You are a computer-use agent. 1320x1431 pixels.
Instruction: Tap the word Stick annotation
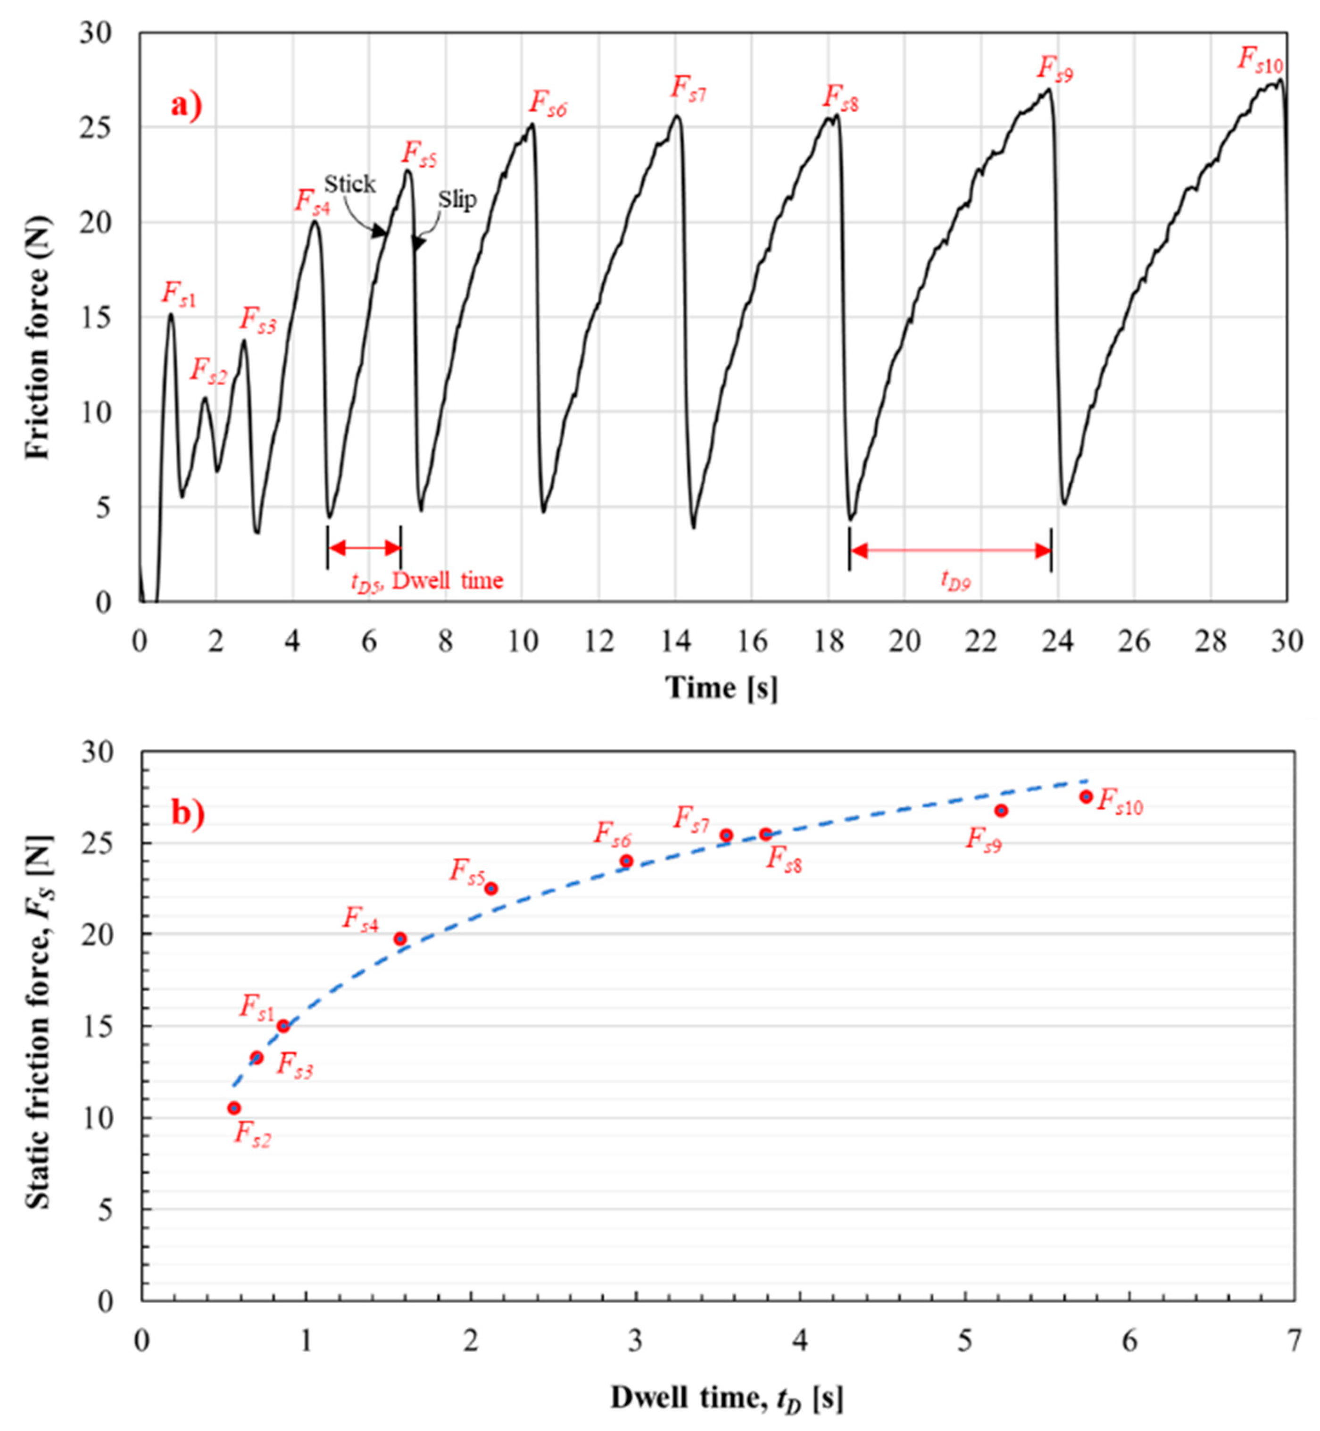tap(349, 184)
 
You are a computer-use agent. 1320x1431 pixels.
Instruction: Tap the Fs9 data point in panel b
tap(1001, 810)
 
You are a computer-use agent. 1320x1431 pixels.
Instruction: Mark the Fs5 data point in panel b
tap(491, 888)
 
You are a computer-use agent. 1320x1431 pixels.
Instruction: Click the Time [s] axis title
tap(722, 688)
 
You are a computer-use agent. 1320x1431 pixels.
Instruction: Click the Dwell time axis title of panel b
tap(726, 1398)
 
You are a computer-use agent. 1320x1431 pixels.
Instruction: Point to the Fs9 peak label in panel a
tap(1054, 70)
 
